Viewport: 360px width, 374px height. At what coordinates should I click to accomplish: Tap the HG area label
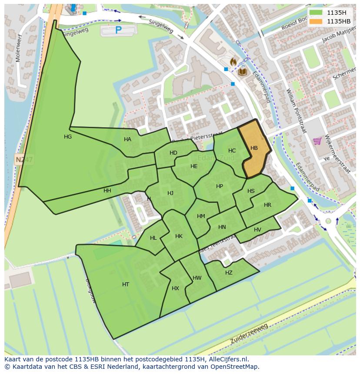68,137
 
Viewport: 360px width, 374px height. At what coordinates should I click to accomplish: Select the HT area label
126,285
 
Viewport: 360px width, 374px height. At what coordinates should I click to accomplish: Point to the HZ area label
229,273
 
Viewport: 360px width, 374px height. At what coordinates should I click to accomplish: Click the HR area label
267,205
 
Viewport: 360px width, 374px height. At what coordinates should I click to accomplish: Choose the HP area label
220,186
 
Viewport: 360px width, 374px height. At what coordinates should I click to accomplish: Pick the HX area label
175,288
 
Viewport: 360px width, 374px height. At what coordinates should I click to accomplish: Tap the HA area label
127,139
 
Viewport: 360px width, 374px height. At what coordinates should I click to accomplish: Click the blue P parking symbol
118,30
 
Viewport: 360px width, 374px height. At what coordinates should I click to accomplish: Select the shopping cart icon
317,141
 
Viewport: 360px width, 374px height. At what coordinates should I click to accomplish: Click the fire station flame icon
233,62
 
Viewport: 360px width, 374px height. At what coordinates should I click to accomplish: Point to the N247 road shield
23,160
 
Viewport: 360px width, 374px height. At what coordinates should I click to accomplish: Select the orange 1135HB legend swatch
316,21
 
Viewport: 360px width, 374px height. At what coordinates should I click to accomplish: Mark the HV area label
257,230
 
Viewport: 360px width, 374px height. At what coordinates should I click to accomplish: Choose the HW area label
197,278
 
